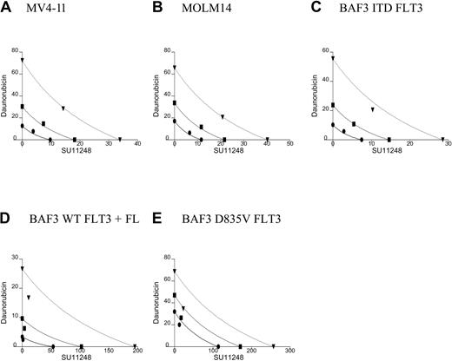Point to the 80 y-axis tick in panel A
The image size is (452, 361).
[16, 51]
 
